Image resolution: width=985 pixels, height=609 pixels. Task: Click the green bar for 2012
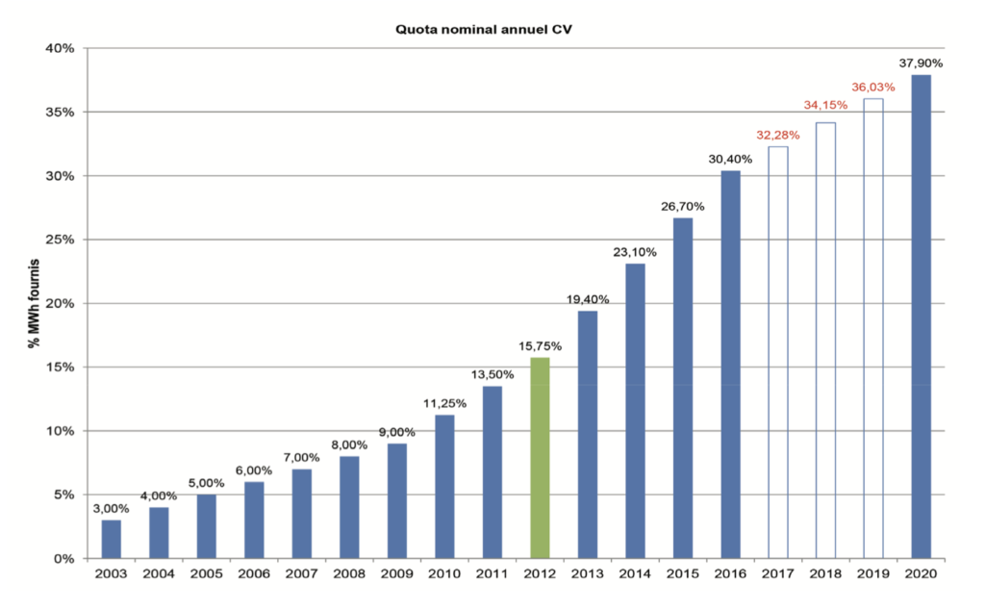pos(540,458)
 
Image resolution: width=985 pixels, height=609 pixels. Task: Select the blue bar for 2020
pos(921,317)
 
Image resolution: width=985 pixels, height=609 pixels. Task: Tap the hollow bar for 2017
pos(778,352)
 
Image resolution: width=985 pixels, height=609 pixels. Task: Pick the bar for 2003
pos(112,539)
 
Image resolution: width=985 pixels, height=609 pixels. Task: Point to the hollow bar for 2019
pos(872,328)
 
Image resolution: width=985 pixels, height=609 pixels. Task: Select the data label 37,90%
pos(921,63)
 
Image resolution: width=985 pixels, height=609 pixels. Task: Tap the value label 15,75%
pos(540,345)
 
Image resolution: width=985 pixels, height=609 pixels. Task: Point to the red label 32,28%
pos(777,135)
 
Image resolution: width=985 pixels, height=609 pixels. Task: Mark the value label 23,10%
pos(635,252)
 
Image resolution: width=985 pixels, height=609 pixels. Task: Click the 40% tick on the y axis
pos(61,48)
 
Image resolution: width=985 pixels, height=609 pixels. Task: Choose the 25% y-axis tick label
pos(61,240)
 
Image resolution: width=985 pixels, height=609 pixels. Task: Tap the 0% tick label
pos(64,558)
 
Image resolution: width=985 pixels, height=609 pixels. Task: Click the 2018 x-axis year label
pos(825,575)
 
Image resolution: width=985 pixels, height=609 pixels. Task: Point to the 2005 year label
pos(207,575)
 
